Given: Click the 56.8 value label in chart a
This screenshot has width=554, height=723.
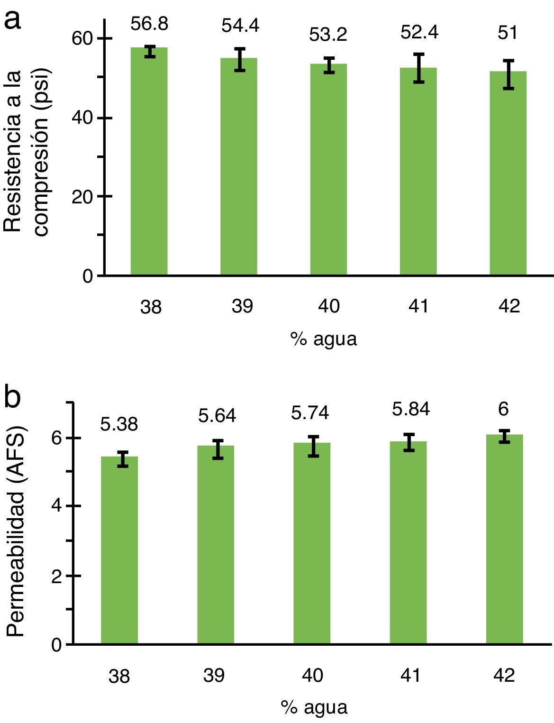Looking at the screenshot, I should click(x=149, y=24).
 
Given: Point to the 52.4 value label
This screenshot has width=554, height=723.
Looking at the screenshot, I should click(x=419, y=33).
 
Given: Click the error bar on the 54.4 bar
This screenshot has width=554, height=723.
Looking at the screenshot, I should click(x=240, y=59).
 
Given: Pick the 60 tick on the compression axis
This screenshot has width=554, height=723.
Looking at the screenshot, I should click(x=82, y=39).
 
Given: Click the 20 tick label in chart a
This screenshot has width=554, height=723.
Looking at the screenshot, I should click(x=82, y=197).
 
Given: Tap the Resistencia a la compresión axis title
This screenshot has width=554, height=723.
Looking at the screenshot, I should click(x=26, y=152).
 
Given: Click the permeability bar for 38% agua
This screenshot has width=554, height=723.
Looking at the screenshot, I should click(x=119, y=550).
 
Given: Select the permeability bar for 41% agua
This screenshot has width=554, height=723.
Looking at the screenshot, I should click(x=408, y=542).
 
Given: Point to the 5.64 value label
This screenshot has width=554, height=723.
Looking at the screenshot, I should click(x=217, y=416).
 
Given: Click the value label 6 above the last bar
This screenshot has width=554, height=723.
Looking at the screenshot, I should click(x=503, y=409).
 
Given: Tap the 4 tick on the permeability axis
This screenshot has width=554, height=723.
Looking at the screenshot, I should click(x=56, y=506).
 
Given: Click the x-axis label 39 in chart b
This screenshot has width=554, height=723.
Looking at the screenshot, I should click(x=214, y=675).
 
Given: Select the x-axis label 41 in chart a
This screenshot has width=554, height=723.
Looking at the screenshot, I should click(x=418, y=306).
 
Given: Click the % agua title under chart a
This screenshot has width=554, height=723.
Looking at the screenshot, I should click(x=323, y=339).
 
